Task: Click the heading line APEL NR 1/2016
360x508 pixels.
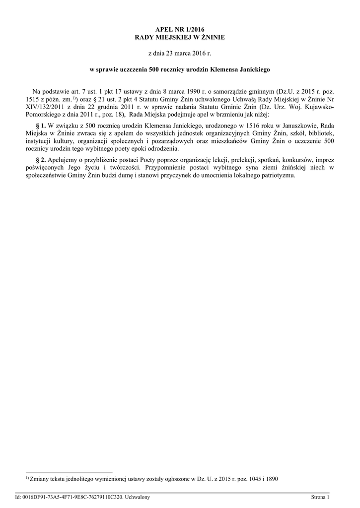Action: [x=180, y=30]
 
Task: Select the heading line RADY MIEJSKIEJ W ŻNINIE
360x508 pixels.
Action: [x=180, y=37]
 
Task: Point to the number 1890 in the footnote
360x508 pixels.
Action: [x=271, y=479]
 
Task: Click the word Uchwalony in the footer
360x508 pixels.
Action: [x=137, y=497]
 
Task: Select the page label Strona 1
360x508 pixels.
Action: [x=320, y=497]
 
